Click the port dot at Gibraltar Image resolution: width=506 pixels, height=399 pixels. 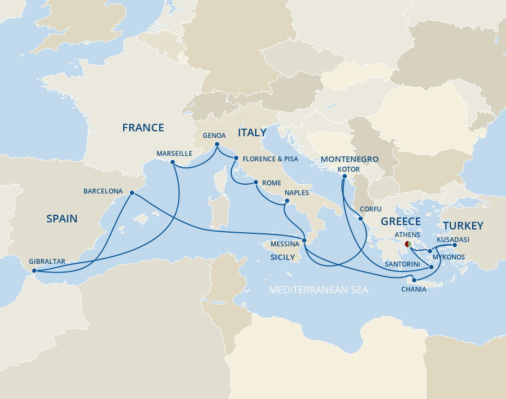[x=34, y=271]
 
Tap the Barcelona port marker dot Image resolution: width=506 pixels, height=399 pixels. [x=132, y=192]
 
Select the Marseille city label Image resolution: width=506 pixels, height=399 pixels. [x=174, y=154]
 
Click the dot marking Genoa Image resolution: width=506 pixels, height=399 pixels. [x=217, y=144]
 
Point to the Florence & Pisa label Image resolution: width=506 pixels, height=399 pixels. [x=271, y=159]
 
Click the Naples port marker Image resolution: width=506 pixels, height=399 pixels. [x=286, y=203]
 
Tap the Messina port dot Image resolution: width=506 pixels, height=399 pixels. [x=305, y=240]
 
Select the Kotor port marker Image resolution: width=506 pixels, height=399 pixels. [x=345, y=176]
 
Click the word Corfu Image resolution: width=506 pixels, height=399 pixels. [x=370, y=209]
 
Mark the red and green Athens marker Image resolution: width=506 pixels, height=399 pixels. [x=408, y=245]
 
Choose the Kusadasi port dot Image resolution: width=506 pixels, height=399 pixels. [x=455, y=245]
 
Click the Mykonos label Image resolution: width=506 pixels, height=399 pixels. [x=450, y=256]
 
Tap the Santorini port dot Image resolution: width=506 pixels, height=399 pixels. [x=431, y=267]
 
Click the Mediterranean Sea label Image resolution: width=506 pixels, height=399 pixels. [x=318, y=290]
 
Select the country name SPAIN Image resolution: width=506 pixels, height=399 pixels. [x=62, y=219]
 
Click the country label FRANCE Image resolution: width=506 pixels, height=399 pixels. [x=143, y=128]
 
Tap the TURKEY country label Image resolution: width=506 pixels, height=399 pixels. [x=463, y=226]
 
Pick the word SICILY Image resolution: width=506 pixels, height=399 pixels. [x=282, y=257]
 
